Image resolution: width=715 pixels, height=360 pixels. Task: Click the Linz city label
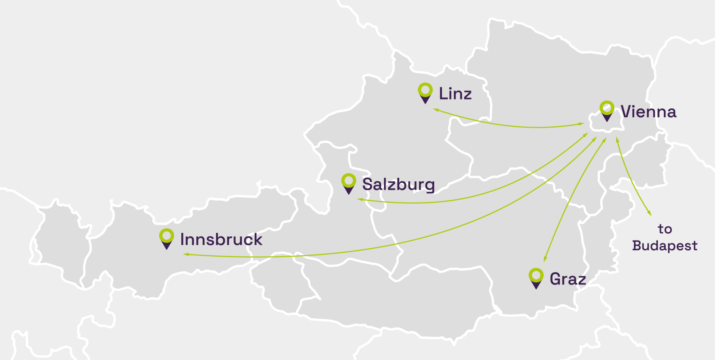coord(455,93)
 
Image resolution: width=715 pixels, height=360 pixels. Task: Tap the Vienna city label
coord(648,112)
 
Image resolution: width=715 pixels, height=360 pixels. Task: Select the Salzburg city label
coord(398,184)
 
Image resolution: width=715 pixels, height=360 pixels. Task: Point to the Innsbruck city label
coord(221,239)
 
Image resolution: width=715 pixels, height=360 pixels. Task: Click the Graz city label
coord(568,279)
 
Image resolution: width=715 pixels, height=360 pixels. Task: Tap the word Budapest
coord(665,246)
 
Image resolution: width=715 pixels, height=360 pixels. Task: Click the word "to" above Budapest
coord(665,229)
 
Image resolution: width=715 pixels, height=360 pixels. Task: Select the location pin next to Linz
coord(425,93)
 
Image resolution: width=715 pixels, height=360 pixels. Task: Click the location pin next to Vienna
coord(607,111)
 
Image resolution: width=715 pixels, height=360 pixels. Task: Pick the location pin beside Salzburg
coord(349,184)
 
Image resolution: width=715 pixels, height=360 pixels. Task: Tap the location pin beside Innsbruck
coord(166,238)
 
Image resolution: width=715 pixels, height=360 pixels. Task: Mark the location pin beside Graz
coord(536,278)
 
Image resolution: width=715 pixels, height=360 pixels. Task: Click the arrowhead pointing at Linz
coord(435,109)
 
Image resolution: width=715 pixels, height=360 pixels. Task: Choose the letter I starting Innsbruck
coord(182,239)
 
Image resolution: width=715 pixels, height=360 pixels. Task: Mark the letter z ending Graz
coord(581,280)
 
